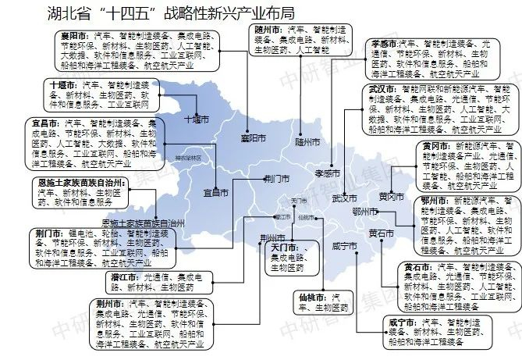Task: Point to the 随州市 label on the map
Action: tap(307, 143)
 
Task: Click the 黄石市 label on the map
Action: tap(381, 233)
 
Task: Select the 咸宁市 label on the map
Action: tap(344, 246)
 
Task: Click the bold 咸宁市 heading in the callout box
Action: tap(402, 322)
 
